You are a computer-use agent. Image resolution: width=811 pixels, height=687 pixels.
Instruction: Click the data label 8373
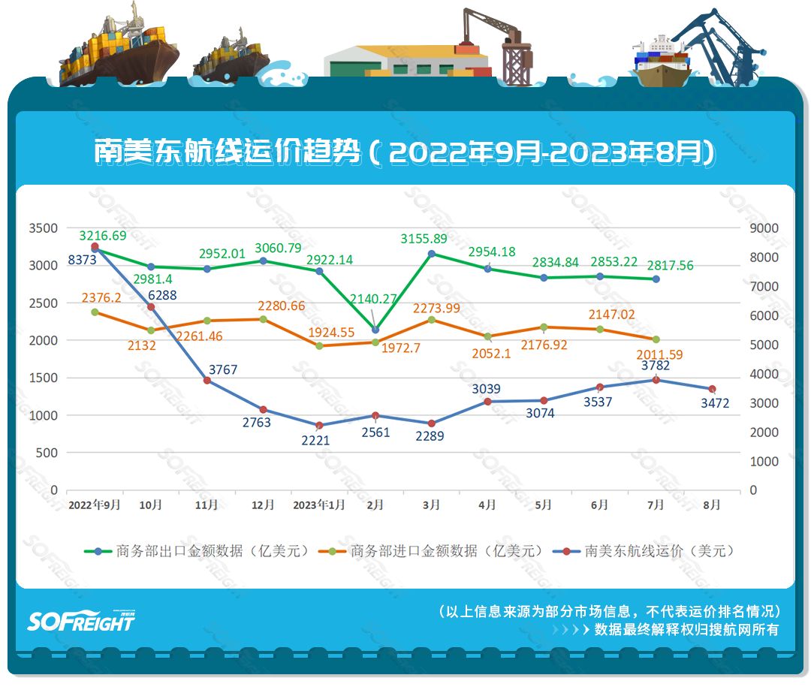click(x=80, y=260)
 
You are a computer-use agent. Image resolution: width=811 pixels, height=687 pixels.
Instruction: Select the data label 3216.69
click(x=103, y=235)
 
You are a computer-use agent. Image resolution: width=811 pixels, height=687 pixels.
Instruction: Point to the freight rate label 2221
click(x=315, y=441)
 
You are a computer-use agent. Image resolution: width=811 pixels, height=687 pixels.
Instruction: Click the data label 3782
click(x=656, y=366)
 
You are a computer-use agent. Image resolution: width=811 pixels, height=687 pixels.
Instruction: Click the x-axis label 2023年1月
click(x=319, y=505)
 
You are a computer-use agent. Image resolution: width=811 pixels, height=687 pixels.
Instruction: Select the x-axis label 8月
click(x=712, y=505)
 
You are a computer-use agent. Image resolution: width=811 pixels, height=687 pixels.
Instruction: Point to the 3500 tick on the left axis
click(x=43, y=228)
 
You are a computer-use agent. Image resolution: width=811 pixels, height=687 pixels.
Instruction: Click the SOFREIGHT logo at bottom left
click(x=81, y=620)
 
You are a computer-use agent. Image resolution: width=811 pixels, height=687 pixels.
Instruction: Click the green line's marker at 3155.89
click(x=432, y=254)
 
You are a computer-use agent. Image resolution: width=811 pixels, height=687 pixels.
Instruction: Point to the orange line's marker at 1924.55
click(x=319, y=346)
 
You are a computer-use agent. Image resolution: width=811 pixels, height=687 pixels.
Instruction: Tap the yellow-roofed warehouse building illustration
click(x=405, y=60)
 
